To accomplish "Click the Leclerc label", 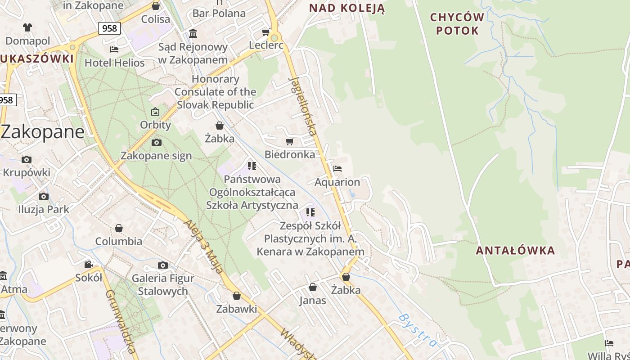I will coord(266,45).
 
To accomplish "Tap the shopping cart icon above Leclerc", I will coord(265,32).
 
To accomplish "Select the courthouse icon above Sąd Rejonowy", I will coord(193,34).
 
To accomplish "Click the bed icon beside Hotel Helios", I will coord(114,49).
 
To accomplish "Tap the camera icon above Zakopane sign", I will coord(156,143).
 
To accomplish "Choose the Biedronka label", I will coord(290,154).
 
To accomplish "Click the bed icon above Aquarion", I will coord(337,169).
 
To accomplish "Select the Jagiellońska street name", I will coord(303,106).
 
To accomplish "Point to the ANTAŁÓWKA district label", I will coord(515,251).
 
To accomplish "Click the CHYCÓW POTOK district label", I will coord(457,24).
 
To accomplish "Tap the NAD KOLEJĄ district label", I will coord(346,8).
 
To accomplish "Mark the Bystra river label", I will coord(417,330).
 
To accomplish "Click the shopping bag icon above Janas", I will coord(313,287).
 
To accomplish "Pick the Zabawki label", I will coord(237,309).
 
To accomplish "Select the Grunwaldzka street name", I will coord(120,321).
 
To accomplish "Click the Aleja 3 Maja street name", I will coord(203,247).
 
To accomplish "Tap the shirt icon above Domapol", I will coord(27,27).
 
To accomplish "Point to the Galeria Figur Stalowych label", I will coord(163,284).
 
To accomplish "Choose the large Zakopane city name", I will coord(43,132).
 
